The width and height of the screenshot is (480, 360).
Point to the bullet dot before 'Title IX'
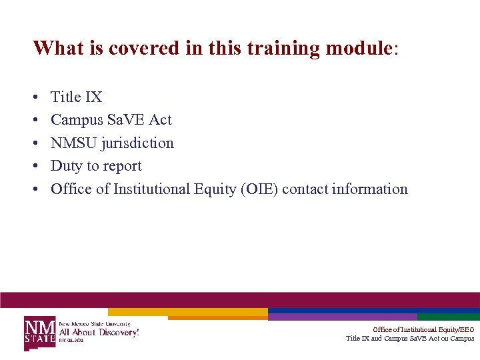click(35, 98)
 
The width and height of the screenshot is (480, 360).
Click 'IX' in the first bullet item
click(94, 97)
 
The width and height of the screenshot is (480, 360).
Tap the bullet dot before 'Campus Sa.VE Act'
click(35, 121)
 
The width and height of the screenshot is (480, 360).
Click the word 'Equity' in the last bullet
click(219, 189)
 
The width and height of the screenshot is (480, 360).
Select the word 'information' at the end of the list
click(370, 189)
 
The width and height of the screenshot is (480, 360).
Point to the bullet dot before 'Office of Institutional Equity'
click(35, 190)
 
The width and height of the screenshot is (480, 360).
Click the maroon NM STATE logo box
click(40, 331)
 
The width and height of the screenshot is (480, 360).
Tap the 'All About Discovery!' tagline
click(99, 331)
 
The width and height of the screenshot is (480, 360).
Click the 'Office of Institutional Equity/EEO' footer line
click(423, 329)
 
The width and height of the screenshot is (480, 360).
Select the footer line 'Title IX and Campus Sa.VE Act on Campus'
click(410, 339)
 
